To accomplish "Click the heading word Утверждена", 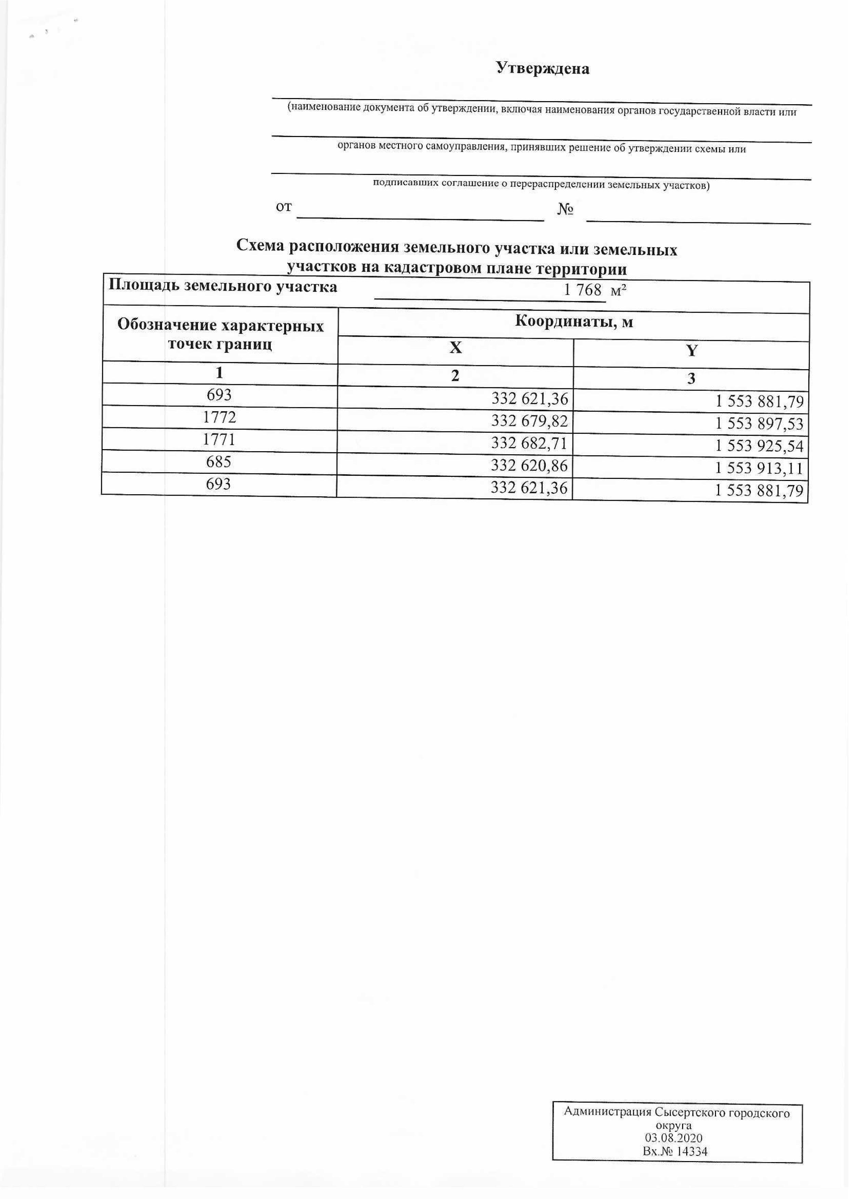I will pos(543,68).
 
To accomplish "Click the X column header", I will pos(455,349).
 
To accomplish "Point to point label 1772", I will pos(220,417).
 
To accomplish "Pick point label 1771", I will pos(219,440).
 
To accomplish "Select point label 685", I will pos(219,462).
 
